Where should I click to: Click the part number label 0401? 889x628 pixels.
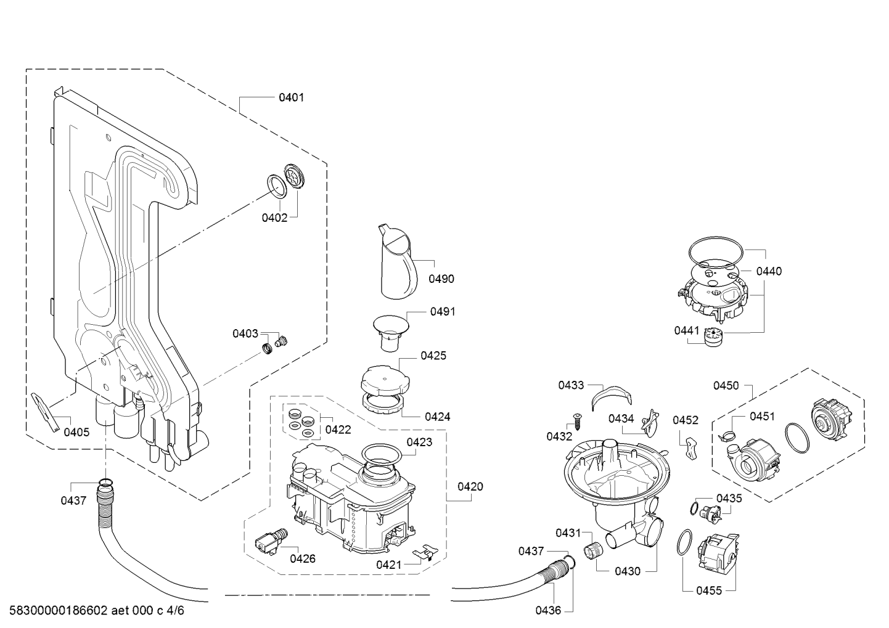(x=291, y=97)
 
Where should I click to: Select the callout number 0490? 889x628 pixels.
(x=441, y=279)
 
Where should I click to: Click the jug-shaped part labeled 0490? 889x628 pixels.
(x=398, y=261)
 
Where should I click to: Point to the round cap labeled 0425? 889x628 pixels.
(x=385, y=380)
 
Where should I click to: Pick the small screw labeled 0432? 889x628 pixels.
(x=576, y=420)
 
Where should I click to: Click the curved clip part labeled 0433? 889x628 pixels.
(x=611, y=398)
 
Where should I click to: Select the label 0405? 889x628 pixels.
(x=76, y=432)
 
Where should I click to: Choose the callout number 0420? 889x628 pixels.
(x=470, y=487)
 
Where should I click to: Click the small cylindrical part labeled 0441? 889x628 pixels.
(x=713, y=337)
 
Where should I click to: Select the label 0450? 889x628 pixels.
(x=726, y=386)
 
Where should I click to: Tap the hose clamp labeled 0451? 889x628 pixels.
(x=727, y=436)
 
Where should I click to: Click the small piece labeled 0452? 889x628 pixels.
(x=690, y=447)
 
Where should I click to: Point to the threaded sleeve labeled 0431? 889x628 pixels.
(x=593, y=550)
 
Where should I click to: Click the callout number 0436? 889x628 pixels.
(x=548, y=611)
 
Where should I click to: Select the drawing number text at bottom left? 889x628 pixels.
(x=97, y=611)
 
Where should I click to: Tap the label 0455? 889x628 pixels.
(x=709, y=590)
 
